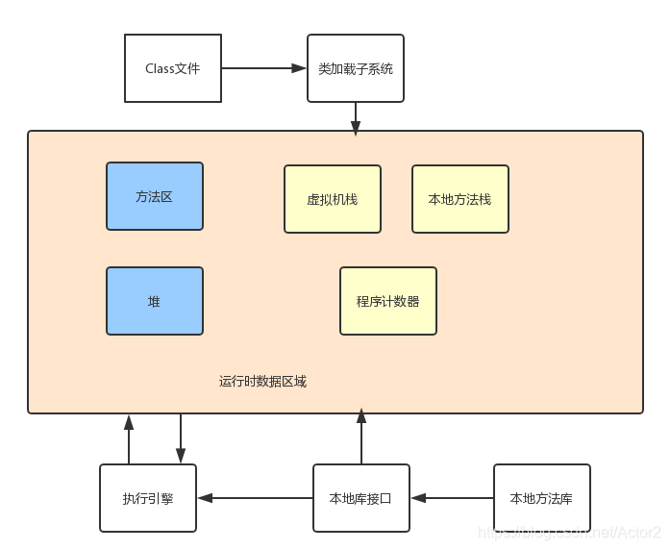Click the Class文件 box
(173, 68)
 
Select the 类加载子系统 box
(356, 68)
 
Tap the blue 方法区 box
(155, 196)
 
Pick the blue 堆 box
(155, 301)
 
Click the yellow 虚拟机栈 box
(333, 199)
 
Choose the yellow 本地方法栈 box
(460, 199)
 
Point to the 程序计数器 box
(388, 301)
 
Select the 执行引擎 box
(148, 498)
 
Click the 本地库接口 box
(361, 498)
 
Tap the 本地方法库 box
(541, 498)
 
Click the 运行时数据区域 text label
(262, 382)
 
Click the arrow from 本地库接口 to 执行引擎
(255, 498)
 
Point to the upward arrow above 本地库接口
(361, 437)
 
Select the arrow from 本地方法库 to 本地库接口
(452, 498)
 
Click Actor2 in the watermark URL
(640, 532)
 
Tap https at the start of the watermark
(496, 532)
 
